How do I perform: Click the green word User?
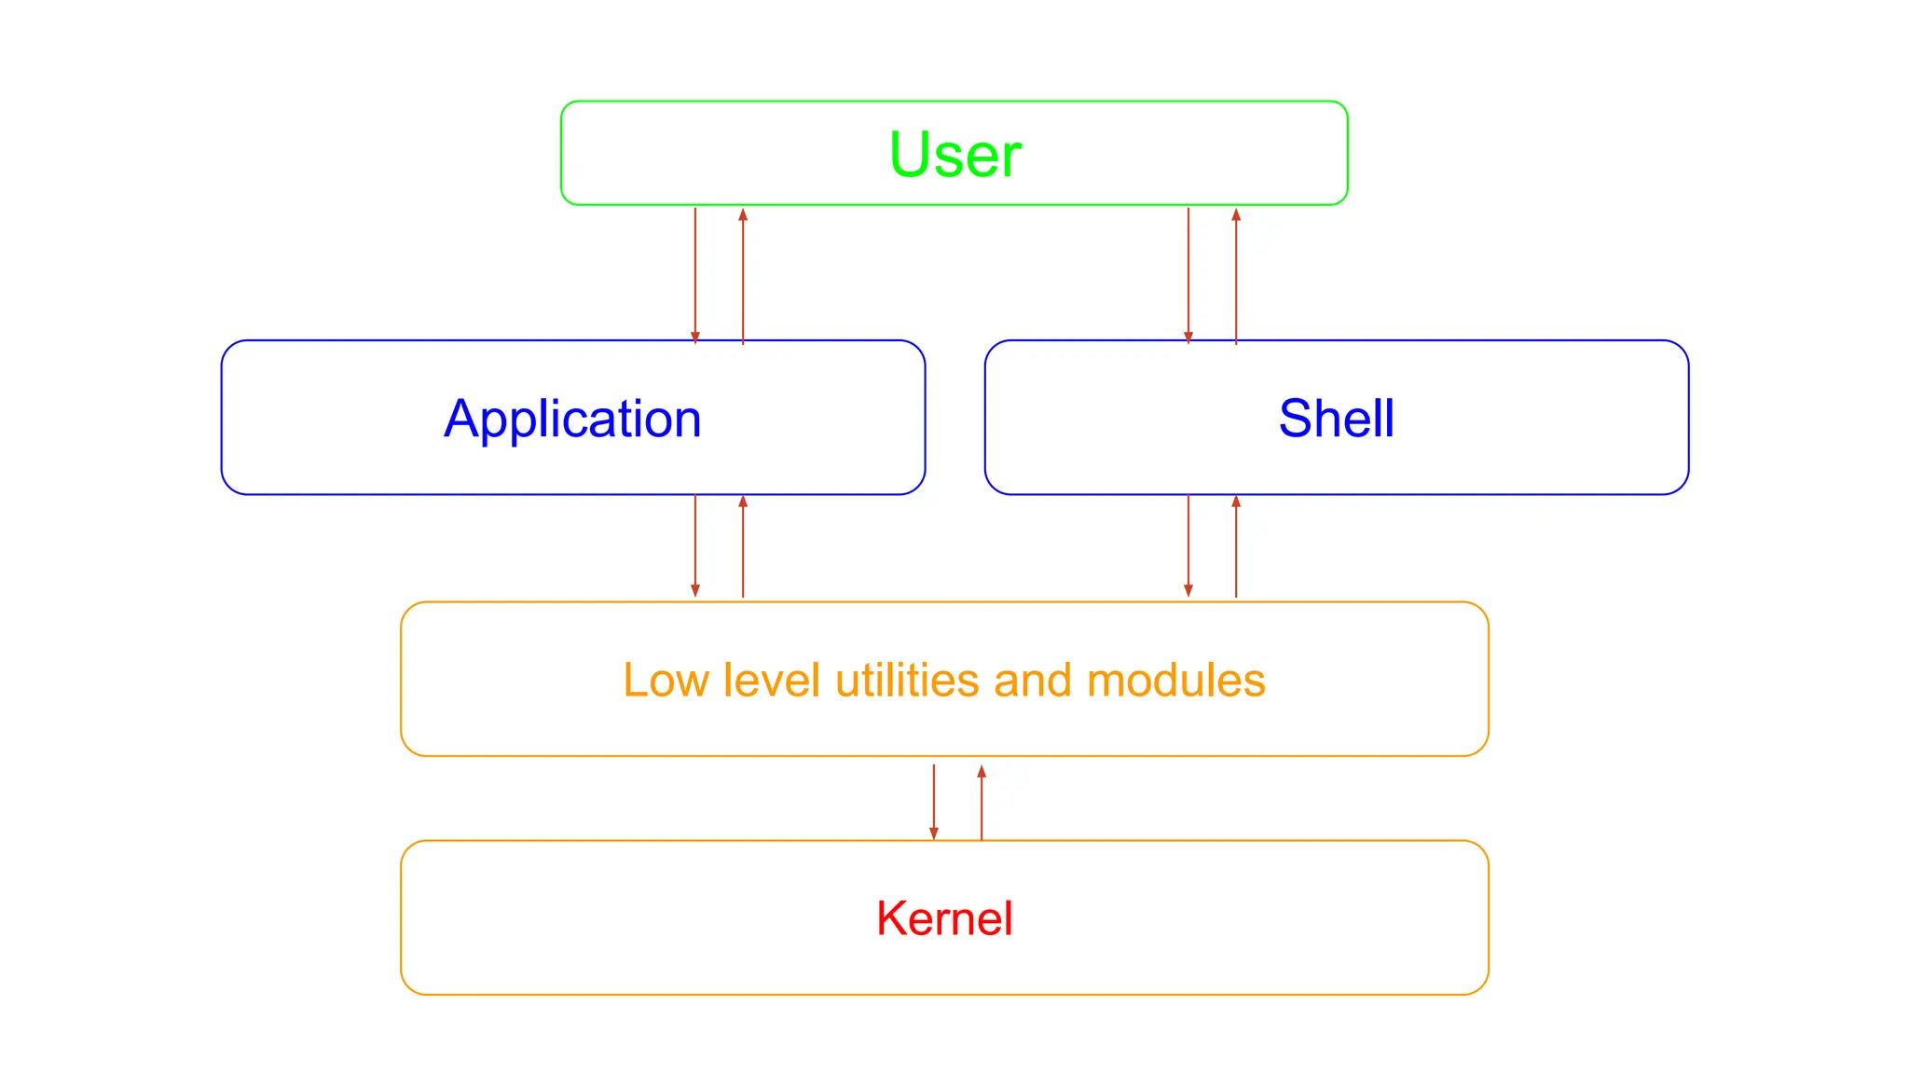(x=954, y=155)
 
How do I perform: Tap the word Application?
(x=572, y=419)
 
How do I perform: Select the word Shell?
(x=1336, y=418)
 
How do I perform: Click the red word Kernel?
(x=944, y=918)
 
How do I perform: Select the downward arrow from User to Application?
(x=695, y=275)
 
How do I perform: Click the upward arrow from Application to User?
(x=743, y=275)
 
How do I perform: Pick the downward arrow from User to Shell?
(x=1188, y=275)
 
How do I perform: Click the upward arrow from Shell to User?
(x=1236, y=275)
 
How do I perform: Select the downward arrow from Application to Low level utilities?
(x=695, y=545)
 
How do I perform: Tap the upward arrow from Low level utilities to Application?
(x=743, y=545)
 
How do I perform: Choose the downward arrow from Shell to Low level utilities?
(x=1188, y=545)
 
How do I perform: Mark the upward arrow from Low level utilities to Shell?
(x=1236, y=545)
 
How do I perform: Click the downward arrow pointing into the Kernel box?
(x=934, y=802)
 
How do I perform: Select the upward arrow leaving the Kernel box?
(x=982, y=802)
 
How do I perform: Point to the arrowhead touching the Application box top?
(x=695, y=337)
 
